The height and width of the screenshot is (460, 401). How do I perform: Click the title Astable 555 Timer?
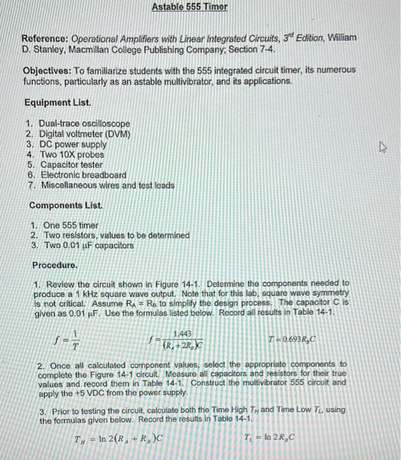tap(190, 7)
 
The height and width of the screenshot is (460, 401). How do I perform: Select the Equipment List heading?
tap(58, 103)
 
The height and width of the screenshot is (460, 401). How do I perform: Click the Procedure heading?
tap(55, 265)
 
